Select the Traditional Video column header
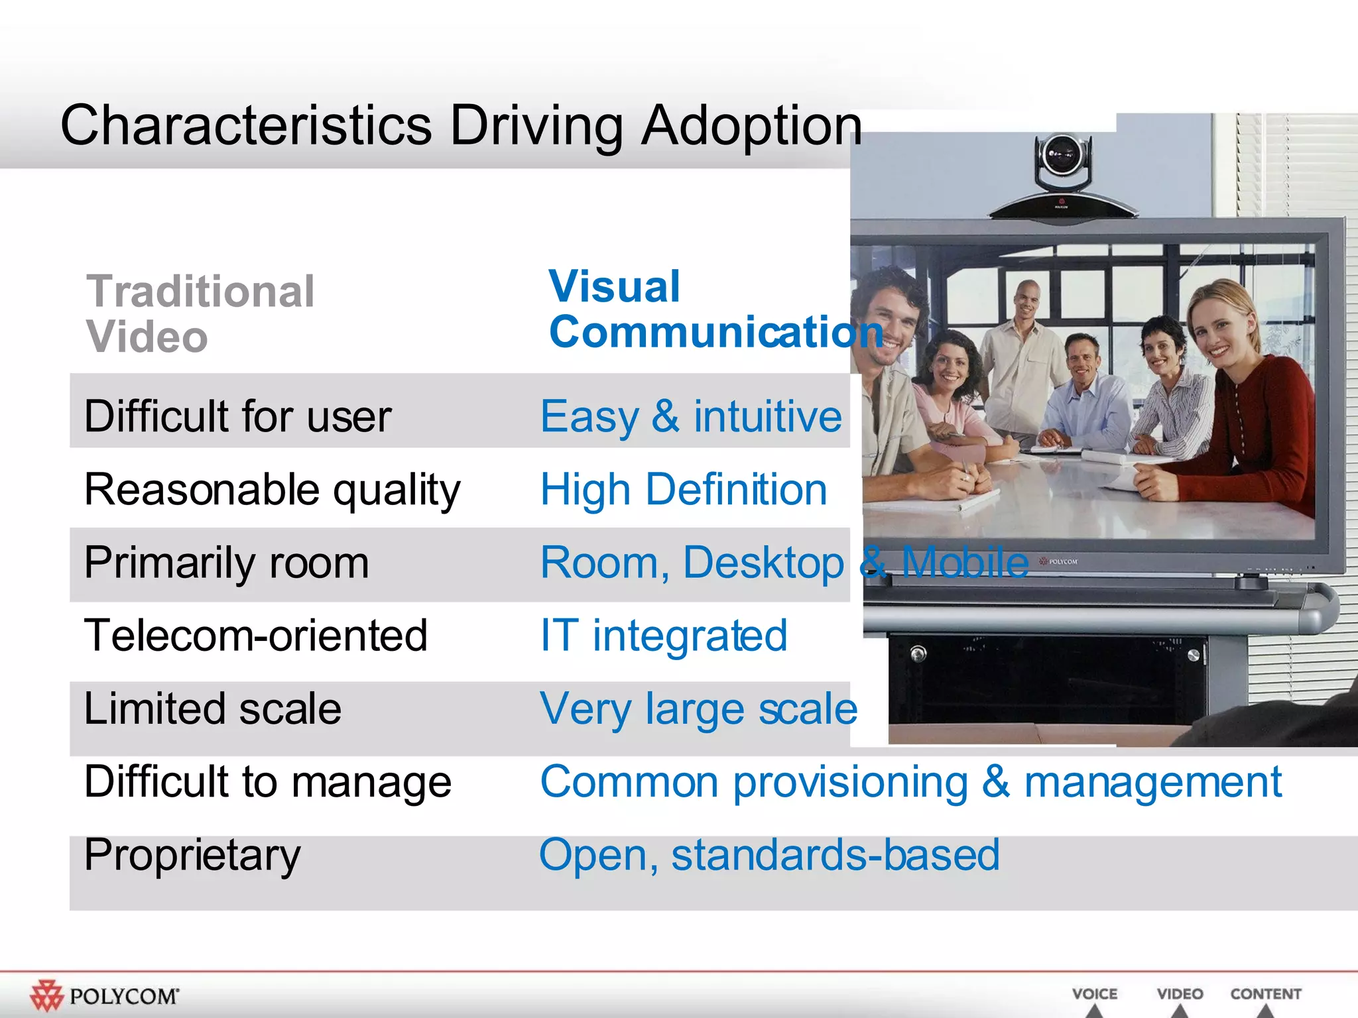[x=200, y=313]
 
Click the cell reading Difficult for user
[x=237, y=416]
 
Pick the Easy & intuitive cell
[x=691, y=416]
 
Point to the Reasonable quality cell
[x=272, y=490]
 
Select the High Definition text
[x=684, y=490]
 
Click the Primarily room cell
[x=226, y=563]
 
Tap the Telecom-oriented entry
[x=255, y=636]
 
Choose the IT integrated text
[x=664, y=636]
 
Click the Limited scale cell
[x=212, y=708]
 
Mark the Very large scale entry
[x=698, y=708]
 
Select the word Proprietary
[x=192, y=854]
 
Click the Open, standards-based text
[x=769, y=854]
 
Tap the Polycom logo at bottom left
[x=104, y=995]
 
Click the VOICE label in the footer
[x=1094, y=993]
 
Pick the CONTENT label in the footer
[x=1265, y=993]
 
